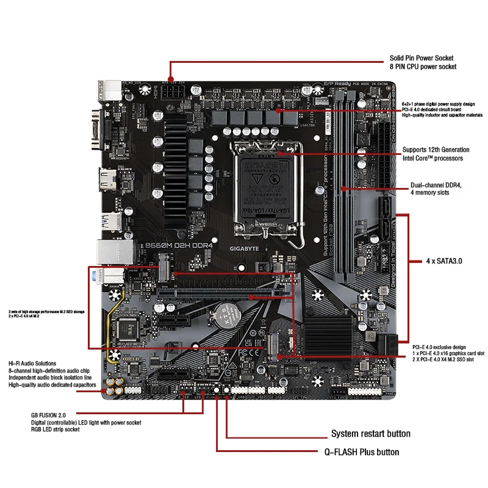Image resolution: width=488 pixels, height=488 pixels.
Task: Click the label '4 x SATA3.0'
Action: pyautogui.click(x=444, y=260)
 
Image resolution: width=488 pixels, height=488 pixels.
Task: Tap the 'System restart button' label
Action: pyautogui.click(x=370, y=434)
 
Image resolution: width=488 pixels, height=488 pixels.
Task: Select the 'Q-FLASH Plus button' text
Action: pyautogui.click(x=362, y=452)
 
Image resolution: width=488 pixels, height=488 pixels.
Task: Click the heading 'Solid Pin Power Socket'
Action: pyautogui.click(x=422, y=58)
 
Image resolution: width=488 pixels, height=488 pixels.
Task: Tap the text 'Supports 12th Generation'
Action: pyautogui.click(x=436, y=149)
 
